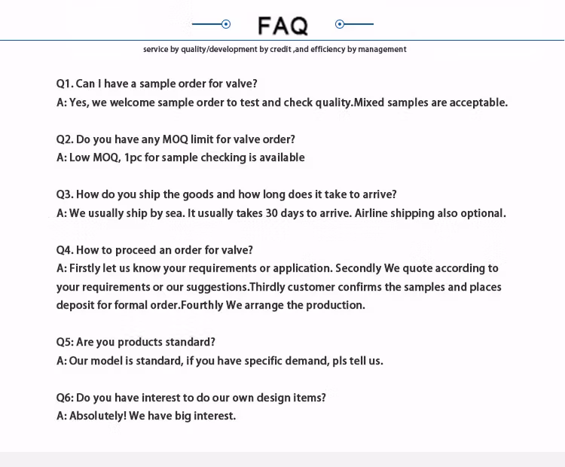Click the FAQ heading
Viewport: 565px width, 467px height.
click(x=282, y=26)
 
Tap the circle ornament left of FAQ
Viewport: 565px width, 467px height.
click(x=226, y=24)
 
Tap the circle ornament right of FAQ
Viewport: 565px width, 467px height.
click(x=340, y=24)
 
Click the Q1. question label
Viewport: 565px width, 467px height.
click(x=65, y=84)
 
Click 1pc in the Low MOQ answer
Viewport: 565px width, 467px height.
click(x=133, y=157)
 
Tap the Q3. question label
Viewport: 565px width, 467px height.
click(x=65, y=194)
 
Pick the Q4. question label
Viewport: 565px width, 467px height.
click(x=65, y=250)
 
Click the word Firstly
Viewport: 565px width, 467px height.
click(x=88, y=268)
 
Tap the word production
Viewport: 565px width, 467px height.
click(x=336, y=305)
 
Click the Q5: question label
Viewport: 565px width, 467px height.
click(x=65, y=342)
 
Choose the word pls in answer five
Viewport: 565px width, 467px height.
click(x=341, y=361)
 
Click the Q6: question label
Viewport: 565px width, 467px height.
click(x=65, y=398)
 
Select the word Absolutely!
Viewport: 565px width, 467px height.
click(x=97, y=416)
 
